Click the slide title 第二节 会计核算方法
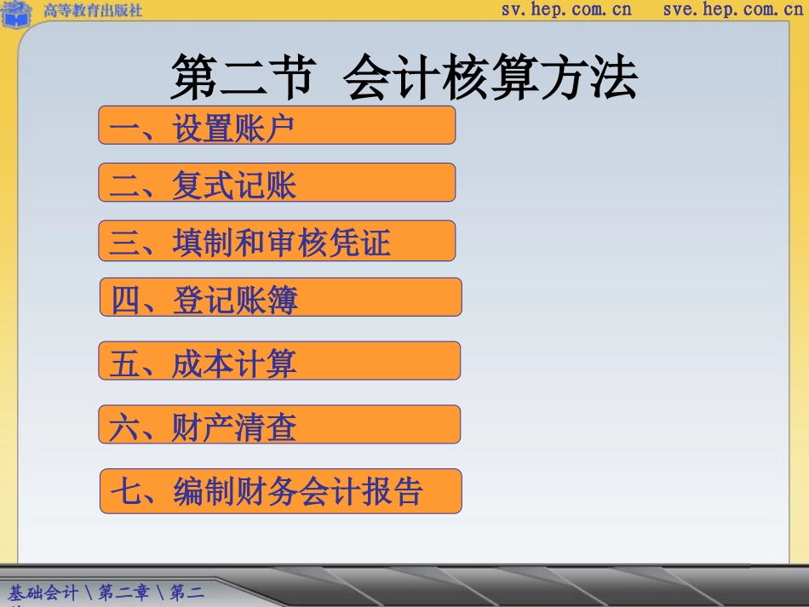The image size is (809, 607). (404, 79)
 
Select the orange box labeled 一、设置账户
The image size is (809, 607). (277, 126)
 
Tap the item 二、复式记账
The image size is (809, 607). (277, 183)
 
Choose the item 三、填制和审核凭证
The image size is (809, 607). (277, 242)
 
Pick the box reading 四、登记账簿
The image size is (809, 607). (280, 298)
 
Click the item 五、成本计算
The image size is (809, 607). (279, 362)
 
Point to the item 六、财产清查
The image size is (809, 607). (279, 425)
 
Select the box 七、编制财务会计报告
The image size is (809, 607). (280, 491)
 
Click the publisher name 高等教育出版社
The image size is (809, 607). (93, 10)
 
